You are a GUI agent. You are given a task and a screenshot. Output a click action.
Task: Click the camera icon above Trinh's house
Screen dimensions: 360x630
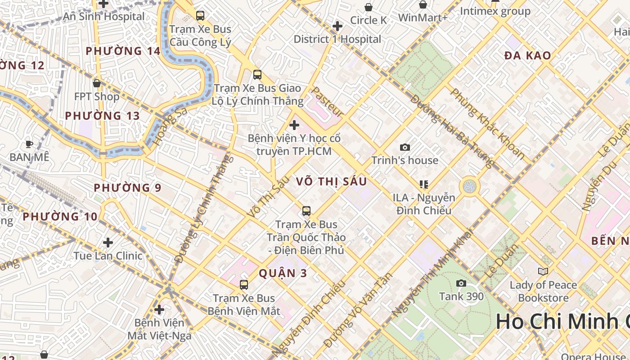point(405,147)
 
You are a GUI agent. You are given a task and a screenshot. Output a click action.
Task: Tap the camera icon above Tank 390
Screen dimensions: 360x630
point(461,283)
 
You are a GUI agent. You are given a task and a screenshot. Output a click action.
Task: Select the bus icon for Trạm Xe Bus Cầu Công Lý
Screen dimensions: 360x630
point(200,16)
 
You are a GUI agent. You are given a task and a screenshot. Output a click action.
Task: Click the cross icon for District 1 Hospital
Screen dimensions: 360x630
point(337,26)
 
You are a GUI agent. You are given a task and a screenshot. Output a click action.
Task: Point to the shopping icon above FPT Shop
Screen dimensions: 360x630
point(96,83)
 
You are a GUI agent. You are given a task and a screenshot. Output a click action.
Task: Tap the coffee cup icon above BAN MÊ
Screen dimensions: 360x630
point(29,144)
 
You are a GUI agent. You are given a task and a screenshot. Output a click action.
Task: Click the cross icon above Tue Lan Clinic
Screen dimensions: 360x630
point(108,243)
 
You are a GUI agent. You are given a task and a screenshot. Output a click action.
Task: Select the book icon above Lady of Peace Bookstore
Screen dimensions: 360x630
point(543,271)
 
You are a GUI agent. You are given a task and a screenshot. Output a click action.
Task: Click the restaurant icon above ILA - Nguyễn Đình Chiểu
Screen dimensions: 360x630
point(423,184)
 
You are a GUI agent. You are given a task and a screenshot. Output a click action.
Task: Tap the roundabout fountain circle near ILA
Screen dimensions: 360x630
point(469,186)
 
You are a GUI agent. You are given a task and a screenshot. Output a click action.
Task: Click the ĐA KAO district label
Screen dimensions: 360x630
point(527,56)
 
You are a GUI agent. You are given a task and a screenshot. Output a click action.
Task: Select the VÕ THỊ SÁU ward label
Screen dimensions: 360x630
point(332,181)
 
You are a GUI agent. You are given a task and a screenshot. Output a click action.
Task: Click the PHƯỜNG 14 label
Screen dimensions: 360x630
point(123,51)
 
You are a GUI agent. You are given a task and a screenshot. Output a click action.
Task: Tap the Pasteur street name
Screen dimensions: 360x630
point(328,102)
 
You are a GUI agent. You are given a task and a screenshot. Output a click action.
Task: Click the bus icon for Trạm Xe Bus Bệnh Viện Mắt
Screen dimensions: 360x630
point(243,284)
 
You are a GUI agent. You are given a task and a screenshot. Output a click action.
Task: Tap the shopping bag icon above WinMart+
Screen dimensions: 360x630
point(423,5)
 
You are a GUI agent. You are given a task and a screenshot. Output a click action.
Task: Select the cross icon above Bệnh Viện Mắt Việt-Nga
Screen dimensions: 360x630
point(159,310)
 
